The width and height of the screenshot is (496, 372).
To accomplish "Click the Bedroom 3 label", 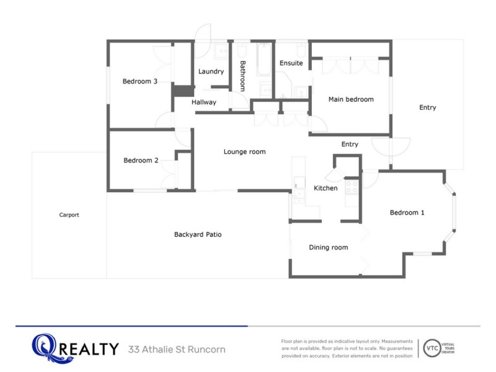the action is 140,81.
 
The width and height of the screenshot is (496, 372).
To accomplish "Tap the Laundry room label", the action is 211,72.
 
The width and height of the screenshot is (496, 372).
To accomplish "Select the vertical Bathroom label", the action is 242,76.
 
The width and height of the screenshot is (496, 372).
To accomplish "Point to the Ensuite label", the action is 291,63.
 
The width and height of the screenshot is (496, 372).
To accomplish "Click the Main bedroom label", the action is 351,99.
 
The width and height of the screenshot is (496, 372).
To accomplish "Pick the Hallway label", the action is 204,102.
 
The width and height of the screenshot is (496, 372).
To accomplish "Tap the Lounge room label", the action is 244,152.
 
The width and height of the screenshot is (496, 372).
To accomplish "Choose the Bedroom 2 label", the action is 141,161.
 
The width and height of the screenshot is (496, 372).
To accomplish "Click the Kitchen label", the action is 325,188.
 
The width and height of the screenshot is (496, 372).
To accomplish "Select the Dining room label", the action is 329,247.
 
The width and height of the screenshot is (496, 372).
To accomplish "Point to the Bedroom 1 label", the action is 407,213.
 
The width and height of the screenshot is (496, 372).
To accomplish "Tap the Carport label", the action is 69,215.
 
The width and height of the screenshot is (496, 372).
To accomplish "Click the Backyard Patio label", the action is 198,234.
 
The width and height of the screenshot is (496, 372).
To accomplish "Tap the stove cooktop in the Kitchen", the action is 352,187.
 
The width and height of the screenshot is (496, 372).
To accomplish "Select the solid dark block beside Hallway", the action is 183,91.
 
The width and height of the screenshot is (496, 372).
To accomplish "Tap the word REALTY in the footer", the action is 89,349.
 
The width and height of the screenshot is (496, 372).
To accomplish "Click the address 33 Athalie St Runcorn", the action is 177,350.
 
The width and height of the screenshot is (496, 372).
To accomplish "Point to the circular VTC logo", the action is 432,348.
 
